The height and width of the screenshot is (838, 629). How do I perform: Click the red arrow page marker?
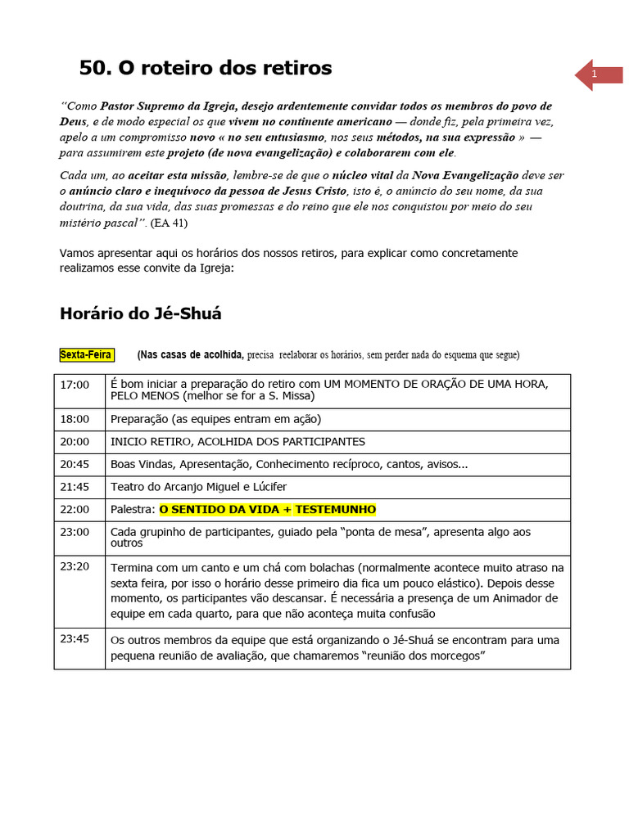click(598, 74)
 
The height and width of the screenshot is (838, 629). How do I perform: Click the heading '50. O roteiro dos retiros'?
click(205, 69)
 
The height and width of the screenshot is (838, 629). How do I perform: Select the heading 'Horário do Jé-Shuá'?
click(140, 313)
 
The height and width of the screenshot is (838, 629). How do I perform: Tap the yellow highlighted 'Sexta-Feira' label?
click(86, 354)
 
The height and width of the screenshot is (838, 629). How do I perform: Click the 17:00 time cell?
click(75, 385)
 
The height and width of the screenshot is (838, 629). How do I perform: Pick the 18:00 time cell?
click(75, 419)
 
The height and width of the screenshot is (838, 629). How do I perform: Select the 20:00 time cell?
click(75, 442)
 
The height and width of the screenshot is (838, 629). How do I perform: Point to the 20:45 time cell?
click(75, 464)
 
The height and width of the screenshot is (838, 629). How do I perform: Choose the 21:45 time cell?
click(75, 487)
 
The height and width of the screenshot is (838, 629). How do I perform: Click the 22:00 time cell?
click(75, 510)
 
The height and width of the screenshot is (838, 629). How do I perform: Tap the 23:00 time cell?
click(75, 532)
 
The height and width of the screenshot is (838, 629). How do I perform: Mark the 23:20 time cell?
click(75, 565)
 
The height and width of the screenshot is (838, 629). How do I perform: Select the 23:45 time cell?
click(75, 638)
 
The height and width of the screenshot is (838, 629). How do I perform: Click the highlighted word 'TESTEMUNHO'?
click(335, 510)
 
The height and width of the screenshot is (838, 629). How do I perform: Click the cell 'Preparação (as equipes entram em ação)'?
click(215, 419)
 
